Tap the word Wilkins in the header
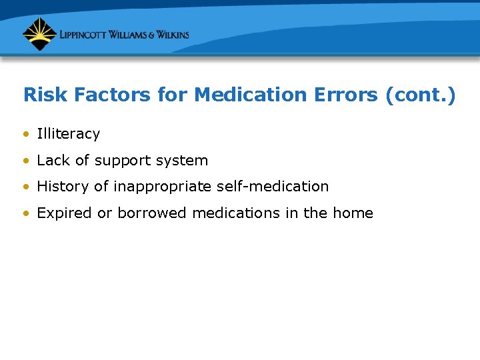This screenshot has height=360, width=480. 169,35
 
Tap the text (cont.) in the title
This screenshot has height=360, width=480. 421,95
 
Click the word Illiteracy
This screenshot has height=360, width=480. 68,134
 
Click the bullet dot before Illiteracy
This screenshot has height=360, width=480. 25,134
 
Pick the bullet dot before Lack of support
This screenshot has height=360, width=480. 25,161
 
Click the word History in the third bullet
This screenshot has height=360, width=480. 63,187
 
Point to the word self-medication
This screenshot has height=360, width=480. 273,187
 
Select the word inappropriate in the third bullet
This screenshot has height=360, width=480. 163,187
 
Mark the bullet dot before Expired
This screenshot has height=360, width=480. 25,214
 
